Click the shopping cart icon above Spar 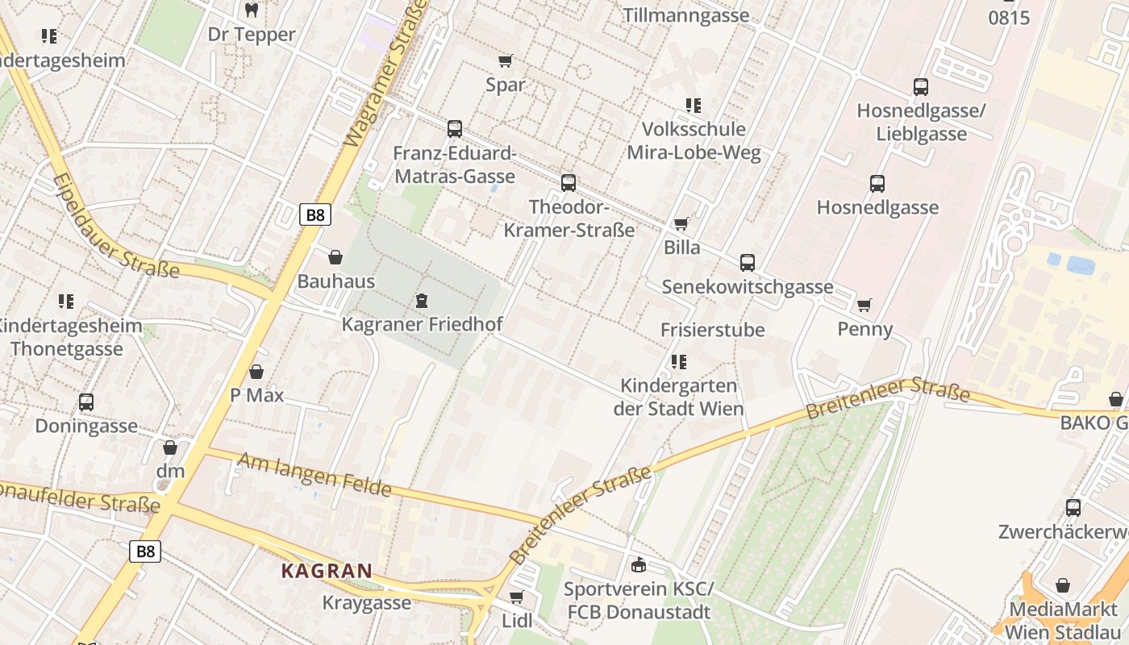pos(506,61)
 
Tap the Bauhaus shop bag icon pos(335,257)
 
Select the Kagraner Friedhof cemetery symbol pos(421,302)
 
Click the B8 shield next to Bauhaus pos(315,215)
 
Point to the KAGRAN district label pos(327,571)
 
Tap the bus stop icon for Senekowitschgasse pos(748,263)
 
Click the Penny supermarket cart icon pos(864,305)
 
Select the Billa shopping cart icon pos(681,223)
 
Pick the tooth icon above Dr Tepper pos(251,10)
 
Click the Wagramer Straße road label pos(385,77)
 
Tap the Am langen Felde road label pos(314,474)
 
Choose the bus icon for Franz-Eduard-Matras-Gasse pos(455,129)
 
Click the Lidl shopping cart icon pos(516,597)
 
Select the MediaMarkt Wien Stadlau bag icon pos(1063,585)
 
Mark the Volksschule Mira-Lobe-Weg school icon pos(693,106)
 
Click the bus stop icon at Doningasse pos(86,402)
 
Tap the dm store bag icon pos(170,447)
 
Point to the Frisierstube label pos(712,330)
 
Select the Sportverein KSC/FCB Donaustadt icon pos(639,564)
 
